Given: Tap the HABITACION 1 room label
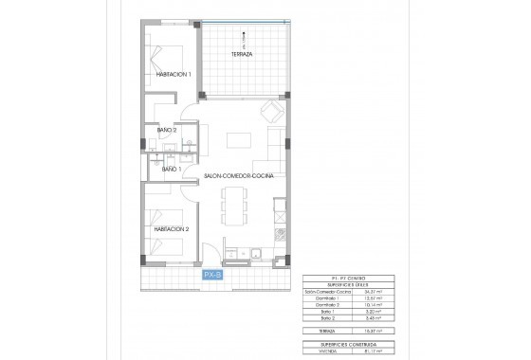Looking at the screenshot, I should (x=174, y=75).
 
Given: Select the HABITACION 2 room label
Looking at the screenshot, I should (x=174, y=228).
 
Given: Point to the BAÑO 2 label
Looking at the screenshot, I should (x=168, y=129).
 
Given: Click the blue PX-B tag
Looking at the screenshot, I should (x=212, y=275).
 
